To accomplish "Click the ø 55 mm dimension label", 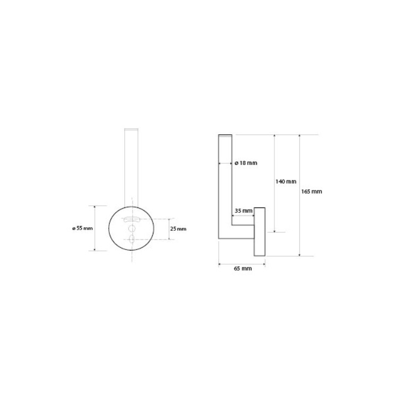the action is coord(82,228).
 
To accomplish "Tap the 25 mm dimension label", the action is coord(178,229).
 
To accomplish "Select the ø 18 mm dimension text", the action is coord(246,163).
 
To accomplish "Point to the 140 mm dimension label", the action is coord(286,181).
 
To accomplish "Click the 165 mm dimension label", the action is coord(312,192).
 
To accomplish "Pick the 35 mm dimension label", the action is coord(244,211).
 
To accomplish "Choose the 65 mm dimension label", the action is coord(243,269).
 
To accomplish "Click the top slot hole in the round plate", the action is coord(132,220).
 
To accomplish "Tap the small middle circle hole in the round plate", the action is coord(132,229).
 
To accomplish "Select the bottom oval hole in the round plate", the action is coord(132,239).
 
